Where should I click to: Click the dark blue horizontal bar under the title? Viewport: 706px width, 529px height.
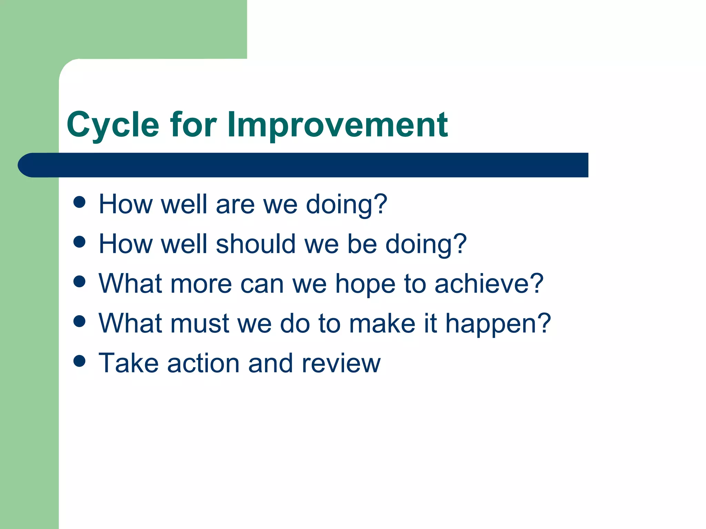[x=303, y=165]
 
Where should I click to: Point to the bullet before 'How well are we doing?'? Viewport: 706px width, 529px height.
[x=80, y=202]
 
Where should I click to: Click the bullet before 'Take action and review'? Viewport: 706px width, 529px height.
[x=80, y=361]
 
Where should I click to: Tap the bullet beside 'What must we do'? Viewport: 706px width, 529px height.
[x=80, y=321]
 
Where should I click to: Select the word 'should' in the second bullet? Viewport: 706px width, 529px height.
[x=255, y=244]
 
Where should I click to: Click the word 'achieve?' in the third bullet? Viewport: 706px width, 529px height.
[x=489, y=284]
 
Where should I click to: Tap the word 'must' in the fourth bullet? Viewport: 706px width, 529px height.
[x=200, y=324]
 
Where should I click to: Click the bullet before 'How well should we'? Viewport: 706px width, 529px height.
[x=80, y=242]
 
